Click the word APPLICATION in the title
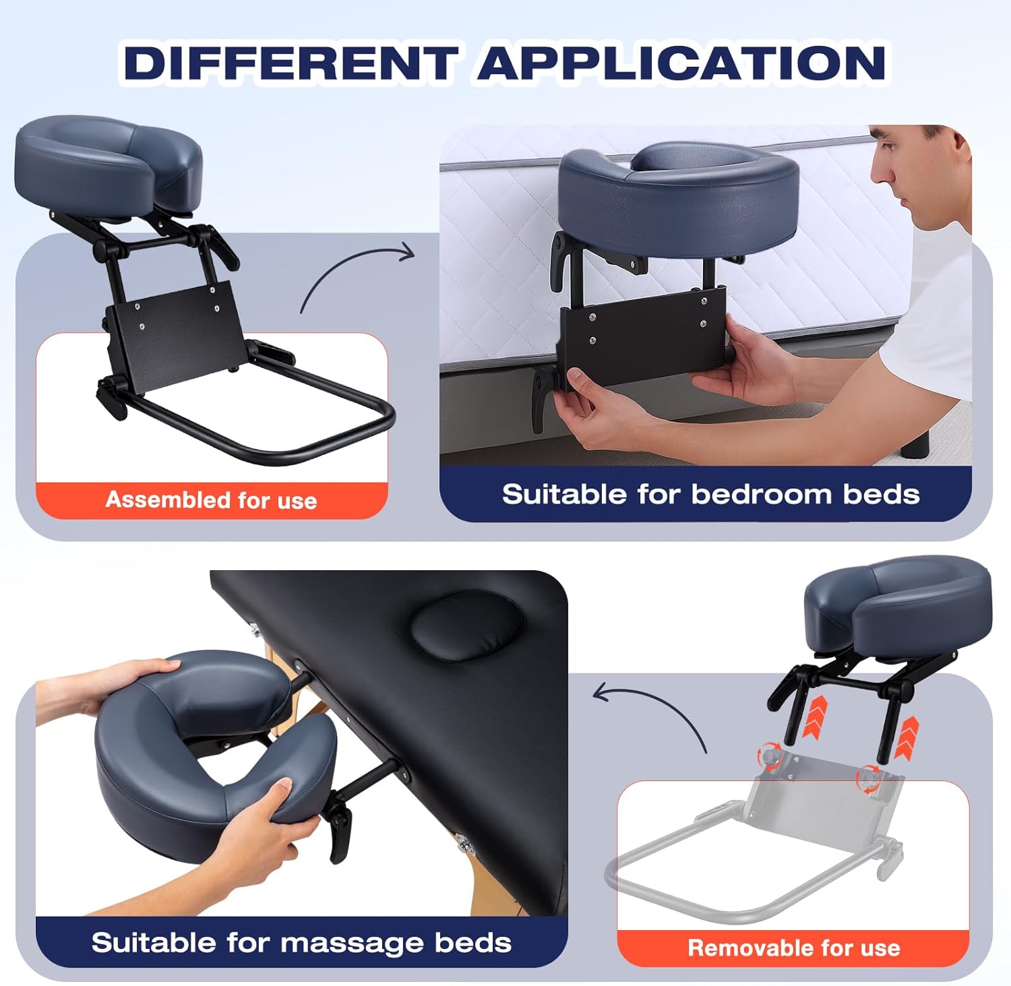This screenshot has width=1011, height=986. click(x=682, y=62)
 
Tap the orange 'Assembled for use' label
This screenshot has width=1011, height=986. click(x=211, y=500)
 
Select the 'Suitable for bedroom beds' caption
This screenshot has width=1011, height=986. click(x=710, y=495)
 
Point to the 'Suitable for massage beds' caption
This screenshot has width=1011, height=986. click(x=301, y=942)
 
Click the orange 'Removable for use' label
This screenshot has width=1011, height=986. click(x=793, y=948)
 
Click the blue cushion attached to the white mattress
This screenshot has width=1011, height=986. click(x=677, y=202)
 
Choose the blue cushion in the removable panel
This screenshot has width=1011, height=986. click(x=896, y=607)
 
